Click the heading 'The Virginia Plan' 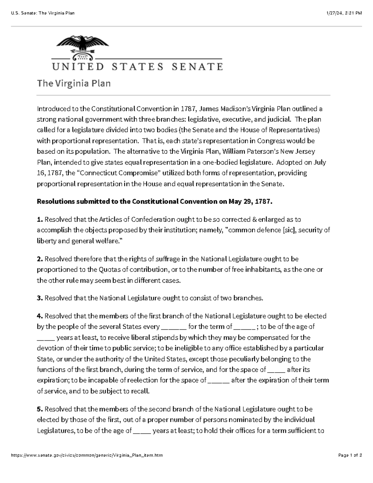[74, 84]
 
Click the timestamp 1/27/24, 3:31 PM [344, 13]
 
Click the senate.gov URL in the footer [87, 455]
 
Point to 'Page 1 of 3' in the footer [350, 455]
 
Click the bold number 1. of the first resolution [40, 220]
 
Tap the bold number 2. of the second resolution [40, 259]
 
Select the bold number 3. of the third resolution [40, 298]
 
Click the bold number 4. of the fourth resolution [40, 316]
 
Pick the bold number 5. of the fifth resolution [40, 409]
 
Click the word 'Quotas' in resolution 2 [109, 270]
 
